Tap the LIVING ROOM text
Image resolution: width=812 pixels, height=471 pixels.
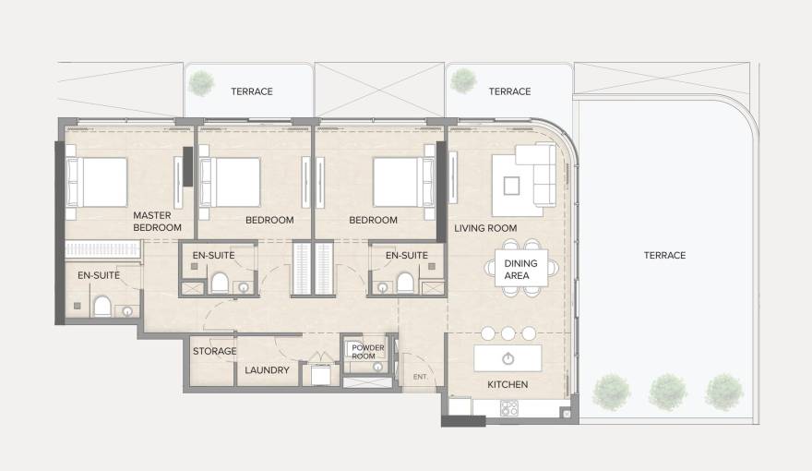(485, 228)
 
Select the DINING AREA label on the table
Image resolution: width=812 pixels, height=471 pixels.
(520, 269)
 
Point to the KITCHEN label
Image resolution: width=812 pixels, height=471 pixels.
(507, 384)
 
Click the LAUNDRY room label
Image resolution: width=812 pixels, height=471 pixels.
(267, 370)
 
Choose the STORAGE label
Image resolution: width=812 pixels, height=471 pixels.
(214, 351)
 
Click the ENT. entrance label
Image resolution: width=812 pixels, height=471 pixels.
(420, 377)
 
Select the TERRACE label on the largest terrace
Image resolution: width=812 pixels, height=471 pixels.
(664, 255)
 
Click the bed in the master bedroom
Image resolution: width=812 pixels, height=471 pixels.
(95, 182)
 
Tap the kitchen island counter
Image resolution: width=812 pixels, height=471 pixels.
(507, 358)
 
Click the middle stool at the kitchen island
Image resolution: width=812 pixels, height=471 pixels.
(507, 333)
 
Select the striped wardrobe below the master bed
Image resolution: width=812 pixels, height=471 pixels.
(102, 249)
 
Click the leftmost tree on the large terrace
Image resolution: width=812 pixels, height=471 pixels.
(610, 392)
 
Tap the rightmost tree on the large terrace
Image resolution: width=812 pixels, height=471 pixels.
(723, 392)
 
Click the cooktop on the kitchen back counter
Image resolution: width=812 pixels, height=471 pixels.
(508, 407)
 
